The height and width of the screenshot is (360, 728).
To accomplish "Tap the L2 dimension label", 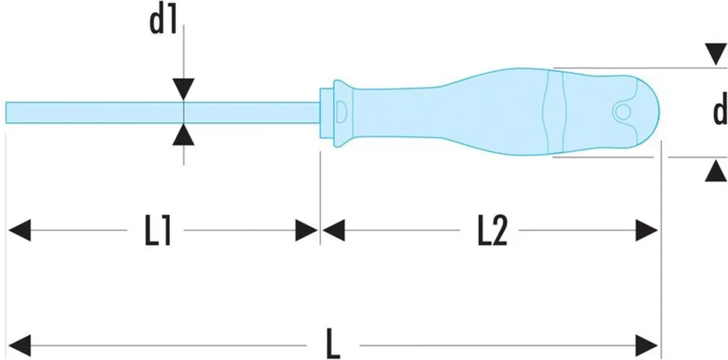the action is (x=492, y=231).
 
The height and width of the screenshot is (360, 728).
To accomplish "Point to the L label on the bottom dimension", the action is (x=334, y=344).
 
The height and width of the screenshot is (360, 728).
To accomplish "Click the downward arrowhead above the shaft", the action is (x=184, y=89).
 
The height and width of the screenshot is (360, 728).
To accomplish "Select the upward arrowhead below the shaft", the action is (x=184, y=134).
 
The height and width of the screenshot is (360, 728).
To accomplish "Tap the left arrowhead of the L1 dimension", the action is (x=20, y=231).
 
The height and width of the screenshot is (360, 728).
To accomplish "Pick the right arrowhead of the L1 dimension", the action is (x=307, y=231).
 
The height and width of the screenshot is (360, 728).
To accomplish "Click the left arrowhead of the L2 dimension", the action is (x=334, y=231).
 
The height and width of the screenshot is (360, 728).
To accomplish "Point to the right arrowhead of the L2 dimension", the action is (x=646, y=231).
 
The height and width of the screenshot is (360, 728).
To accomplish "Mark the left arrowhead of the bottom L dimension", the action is (x=20, y=346).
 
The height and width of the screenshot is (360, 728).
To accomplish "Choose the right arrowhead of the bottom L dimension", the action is (x=646, y=346).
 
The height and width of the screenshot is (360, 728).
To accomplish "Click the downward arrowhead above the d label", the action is (x=716, y=55).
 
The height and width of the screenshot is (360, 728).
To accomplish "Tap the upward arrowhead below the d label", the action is (x=716, y=171).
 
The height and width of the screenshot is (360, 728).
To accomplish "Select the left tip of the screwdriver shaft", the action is (x=7, y=113).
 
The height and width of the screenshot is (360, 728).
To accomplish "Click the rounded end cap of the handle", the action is (x=643, y=112).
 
